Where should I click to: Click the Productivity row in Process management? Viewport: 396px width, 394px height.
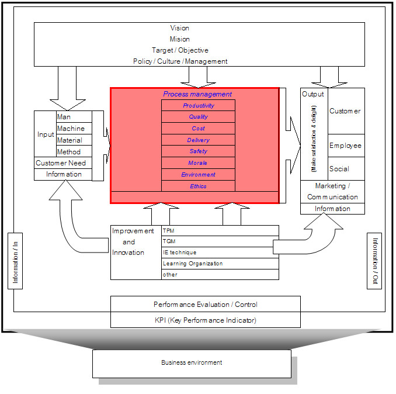click(x=198, y=106)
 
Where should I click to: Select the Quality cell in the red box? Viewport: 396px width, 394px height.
click(x=198, y=117)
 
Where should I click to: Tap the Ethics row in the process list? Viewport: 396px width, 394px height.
click(x=198, y=186)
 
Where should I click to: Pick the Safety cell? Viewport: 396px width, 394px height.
click(x=198, y=151)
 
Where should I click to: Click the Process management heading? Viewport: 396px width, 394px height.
click(x=197, y=94)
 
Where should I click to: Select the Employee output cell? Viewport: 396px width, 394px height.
click(x=346, y=146)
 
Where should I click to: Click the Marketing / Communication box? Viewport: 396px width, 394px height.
click(x=332, y=192)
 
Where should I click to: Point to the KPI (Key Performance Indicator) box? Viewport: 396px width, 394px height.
click(x=205, y=320)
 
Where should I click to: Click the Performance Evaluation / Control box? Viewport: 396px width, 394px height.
click(x=205, y=305)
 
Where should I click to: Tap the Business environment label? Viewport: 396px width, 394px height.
click(x=192, y=363)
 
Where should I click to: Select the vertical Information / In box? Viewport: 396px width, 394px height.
click(x=15, y=261)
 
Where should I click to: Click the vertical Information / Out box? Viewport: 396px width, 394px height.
click(x=374, y=261)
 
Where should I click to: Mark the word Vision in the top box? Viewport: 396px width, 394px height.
click(x=180, y=28)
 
